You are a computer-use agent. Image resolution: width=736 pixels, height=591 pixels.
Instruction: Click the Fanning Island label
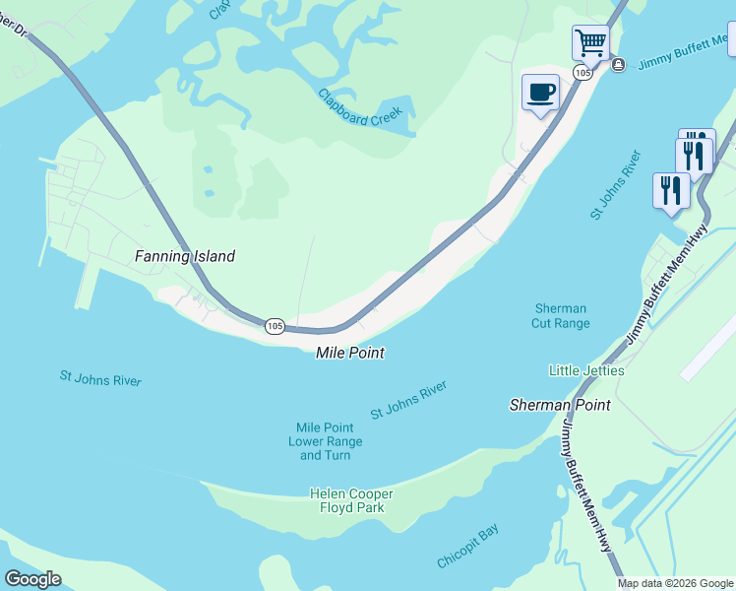click(x=185, y=256)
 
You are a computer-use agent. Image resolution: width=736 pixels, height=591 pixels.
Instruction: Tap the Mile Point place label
click(x=349, y=353)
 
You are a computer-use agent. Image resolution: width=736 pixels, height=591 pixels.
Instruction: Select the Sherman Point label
click(x=560, y=405)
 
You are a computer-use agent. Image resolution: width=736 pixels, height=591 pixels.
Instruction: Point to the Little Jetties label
click(x=586, y=370)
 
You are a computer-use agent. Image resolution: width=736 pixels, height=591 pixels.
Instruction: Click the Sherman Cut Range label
click(x=562, y=316)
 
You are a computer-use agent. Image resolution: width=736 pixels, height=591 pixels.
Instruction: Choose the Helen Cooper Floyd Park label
click(x=351, y=500)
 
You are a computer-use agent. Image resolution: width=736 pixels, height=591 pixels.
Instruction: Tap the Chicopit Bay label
click(x=468, y=546)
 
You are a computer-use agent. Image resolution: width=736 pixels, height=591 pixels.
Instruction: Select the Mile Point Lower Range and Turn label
click(x=325, y=441)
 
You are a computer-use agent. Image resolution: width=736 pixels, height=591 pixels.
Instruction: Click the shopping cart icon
click(x=590, y=43)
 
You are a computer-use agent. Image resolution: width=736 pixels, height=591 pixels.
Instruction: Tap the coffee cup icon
click(x=540, y=93)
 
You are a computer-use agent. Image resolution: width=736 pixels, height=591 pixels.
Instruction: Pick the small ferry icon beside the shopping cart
click(x=618, y=65)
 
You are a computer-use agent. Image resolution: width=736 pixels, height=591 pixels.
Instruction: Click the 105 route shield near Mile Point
click(x=276, y=325)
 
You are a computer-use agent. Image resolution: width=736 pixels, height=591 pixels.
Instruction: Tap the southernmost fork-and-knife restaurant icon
click(x=671, y=190)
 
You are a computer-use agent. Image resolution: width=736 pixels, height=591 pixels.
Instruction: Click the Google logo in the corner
click(x=32, y=579)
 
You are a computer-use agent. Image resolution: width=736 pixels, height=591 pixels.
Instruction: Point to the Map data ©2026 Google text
click(x=675, y=583)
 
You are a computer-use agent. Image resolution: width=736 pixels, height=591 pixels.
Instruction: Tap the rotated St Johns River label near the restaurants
click(x=616, y=185)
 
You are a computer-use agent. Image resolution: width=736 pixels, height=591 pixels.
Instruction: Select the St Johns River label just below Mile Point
click(x=408, y=401)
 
